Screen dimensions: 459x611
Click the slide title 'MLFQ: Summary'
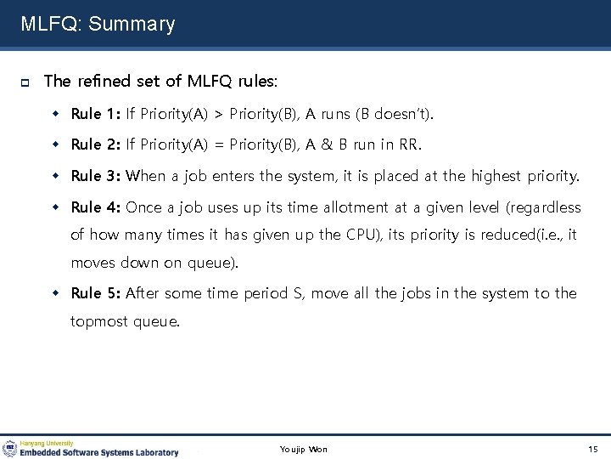pyautogui.click(x=98, y=24)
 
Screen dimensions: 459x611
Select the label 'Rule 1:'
pyautogui.click(x=96, y=113)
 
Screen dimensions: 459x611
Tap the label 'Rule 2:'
pyautogui.click(x=96, y=144)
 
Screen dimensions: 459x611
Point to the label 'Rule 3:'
pyautogui.click(x=96, y=176)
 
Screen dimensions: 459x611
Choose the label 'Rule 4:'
pyautogui.click(x=96, y=207)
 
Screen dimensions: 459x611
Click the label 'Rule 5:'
pyautogui.click(x=96, y=293)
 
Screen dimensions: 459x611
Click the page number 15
pyautogui.click(x=592, y=449)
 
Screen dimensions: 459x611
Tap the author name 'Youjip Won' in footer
pyautogui.click(x=303, y=449)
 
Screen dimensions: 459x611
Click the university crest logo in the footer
pyautogui.click(x=10, y=449)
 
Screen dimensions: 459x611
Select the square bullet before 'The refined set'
pyautogui.click(x=26, y=82)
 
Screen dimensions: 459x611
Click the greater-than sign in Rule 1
pyautogui.click(x=218, y=114)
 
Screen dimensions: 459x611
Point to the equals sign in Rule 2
pyautogui.click(x=218, y=145)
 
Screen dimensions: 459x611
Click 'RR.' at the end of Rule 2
pyautogui.click(x=409, y=144)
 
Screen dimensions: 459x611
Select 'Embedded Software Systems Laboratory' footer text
pyautogui.click(x=99, y=452)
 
